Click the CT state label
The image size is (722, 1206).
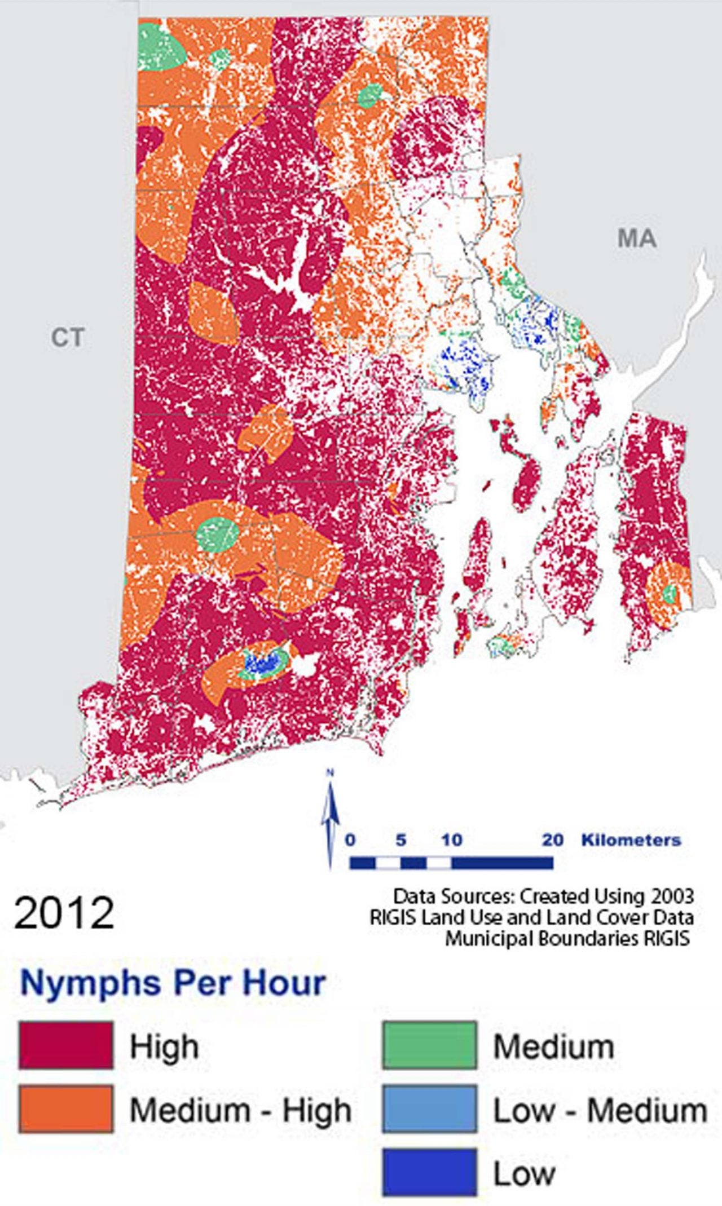[68, 338]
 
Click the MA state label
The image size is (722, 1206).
[637, 238]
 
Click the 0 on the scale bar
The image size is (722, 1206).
[350, 840]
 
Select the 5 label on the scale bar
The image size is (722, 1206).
[400, 840]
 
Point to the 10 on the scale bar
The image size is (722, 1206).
[451, 840]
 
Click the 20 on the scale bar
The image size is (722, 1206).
[553, 840]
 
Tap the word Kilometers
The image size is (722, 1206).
[631, 840]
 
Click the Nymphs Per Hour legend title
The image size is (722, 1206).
[173, 982]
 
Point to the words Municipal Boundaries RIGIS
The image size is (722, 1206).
[567, 939]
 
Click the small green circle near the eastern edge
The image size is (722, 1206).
[670, 593]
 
